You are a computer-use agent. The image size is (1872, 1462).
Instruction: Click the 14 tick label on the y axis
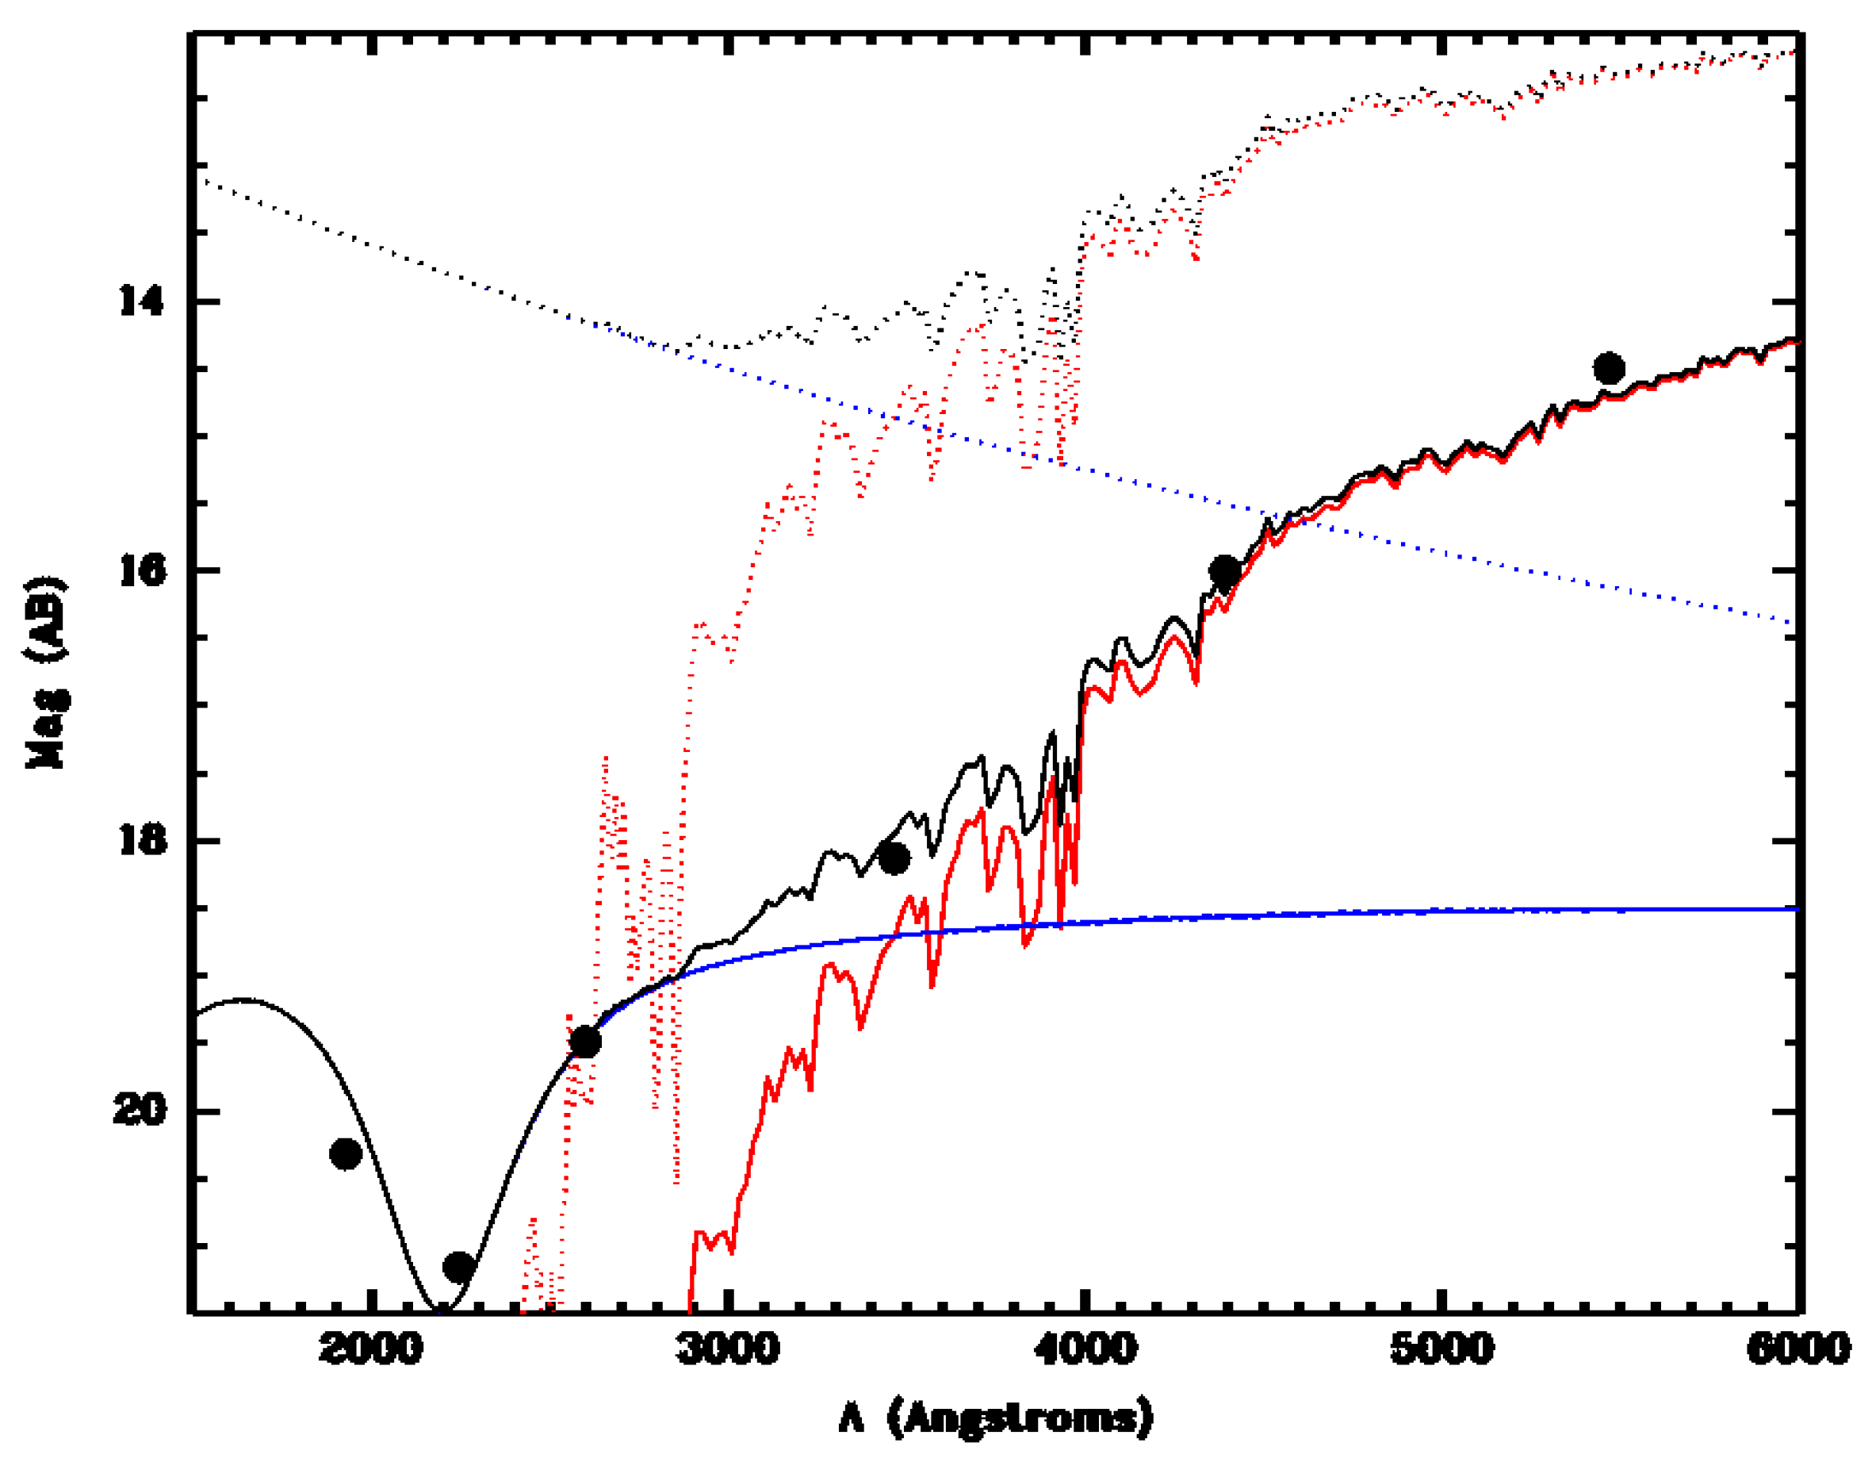[140, 301]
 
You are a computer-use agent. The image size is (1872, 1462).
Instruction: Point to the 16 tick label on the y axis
[140, 570]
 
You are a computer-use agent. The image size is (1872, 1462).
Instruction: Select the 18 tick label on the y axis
[140, 840]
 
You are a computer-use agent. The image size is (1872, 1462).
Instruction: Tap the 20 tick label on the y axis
[139, 1111]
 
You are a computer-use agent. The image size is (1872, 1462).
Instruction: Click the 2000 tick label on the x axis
[370, 1349]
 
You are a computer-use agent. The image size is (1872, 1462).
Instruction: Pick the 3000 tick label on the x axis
[728, 1349]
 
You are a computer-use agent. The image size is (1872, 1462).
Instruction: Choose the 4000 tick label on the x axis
[1085, 1349]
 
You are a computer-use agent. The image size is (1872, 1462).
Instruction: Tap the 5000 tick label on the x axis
[1442, 1349]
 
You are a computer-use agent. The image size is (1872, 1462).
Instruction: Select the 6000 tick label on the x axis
[1798, 1349]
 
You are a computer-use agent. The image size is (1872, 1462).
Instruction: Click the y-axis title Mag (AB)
[46, 673]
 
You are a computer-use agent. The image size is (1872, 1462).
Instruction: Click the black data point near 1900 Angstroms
[346, 1154]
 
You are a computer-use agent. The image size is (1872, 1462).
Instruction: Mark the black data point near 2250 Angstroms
[458, 1267]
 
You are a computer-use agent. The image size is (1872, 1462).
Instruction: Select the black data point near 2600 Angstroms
[585, 1042]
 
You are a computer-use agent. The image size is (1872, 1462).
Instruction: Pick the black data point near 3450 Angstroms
[894, 858]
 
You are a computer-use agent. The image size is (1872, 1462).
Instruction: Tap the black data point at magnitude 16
[1225, 570]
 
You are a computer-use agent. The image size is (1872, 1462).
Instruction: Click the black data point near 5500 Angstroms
[1609, 369]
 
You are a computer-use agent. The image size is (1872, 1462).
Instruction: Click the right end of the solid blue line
[1797, 909]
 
